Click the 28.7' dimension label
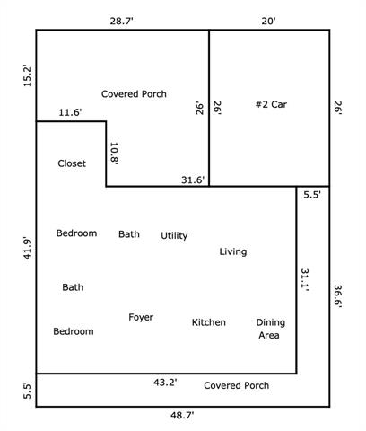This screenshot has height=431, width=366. coord(121,22)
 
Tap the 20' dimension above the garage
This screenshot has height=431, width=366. coord(268,22)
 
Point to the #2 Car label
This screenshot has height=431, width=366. coord(271,104)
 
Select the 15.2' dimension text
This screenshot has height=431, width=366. coord(27,75)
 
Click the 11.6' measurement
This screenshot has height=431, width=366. coord(70,112)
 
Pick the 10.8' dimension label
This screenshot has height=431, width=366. coord(114,154)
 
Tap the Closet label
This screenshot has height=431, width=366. coord(72,163)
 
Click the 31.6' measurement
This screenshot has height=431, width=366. coord(193,180)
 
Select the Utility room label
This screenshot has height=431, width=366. coord(174,236)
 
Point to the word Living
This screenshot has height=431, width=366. coord(233,251)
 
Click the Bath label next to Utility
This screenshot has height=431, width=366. coord(129,234)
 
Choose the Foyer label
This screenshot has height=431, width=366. coord(141,317)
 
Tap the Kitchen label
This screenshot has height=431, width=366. coord(209,322)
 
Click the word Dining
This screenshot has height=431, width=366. coord(271,322)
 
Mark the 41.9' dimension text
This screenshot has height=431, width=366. coord(27,249)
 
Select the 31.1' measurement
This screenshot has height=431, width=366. coord(305,280)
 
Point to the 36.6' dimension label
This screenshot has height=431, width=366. coord(338,296)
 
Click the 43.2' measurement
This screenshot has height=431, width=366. coord(165,383)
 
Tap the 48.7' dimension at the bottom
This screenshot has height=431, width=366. coord(182,416)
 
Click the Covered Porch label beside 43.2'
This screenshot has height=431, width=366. coord(237,385)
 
